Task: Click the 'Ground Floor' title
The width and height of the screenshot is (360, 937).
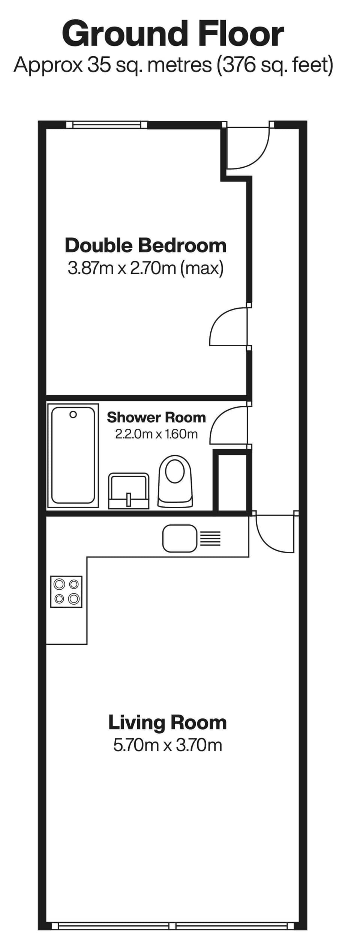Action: tap(173, 35)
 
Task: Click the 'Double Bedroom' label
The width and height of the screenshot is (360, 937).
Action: tap(145, 246)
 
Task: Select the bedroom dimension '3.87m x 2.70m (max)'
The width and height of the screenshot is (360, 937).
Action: tap(145, 268)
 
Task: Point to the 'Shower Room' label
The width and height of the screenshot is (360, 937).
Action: tap(156, 417)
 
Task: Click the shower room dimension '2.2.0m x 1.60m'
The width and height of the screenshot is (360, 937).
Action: tap(156, 434)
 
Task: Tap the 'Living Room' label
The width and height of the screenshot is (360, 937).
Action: tap(167, 722)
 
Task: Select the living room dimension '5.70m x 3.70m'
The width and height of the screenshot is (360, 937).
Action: tap(167, 745)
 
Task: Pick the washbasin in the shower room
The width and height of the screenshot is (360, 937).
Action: tap(129, 491)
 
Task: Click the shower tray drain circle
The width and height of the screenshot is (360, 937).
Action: tap(73, 414)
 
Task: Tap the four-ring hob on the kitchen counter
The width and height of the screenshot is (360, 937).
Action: tap(66, 592)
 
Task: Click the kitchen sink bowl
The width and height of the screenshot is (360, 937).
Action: tap(180, 538)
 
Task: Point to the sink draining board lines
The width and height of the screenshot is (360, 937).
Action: tap(210, 538)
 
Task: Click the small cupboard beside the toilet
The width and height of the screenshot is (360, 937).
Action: tap(230, 482)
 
